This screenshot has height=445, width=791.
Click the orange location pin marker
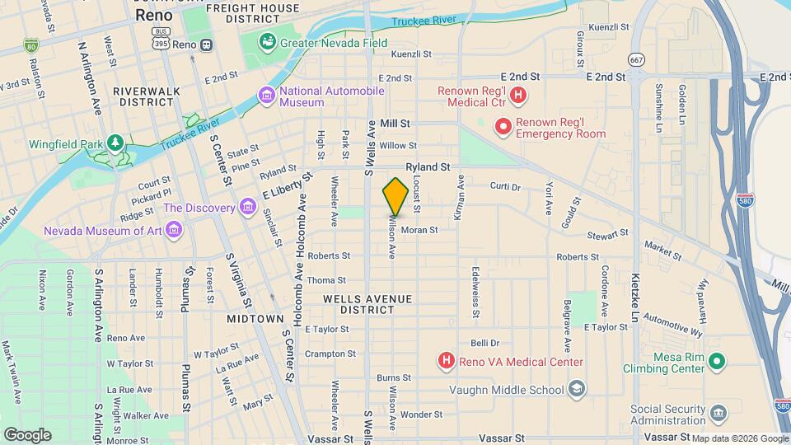[x=395, y=196]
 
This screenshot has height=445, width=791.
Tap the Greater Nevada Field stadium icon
[x=268, y=41]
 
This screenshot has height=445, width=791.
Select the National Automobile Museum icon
[x=266, y=96]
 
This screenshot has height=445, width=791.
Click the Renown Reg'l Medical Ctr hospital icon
[x=517, y=96]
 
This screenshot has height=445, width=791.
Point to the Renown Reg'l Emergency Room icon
[x=502, y=127]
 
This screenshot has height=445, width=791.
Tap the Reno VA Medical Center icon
[x=446, y=361]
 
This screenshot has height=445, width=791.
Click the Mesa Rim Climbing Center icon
[x=717, y=361]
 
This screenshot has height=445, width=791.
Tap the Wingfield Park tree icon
[x=115, y=143]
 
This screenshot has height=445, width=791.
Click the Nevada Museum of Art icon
[x=173, y=231]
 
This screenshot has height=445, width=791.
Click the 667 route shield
[x=635, y=59]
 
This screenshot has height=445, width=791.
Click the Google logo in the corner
[x=27, y=434]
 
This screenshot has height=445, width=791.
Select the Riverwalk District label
[x=145, y=96]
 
